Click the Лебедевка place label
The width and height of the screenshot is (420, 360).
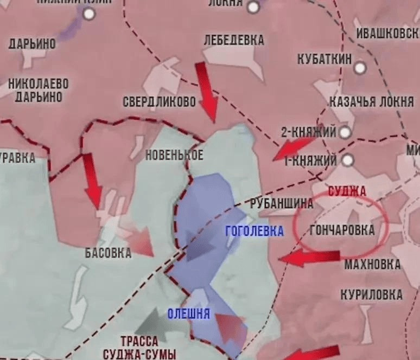pyautogui.click(x=234, y=40)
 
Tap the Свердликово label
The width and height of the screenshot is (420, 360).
pyautogui.click(x=159, y=101)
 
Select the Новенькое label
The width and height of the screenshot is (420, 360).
pyautogui.click(x=174, y=155)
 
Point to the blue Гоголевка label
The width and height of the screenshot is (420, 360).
pyautogui.click(x=254, y=232)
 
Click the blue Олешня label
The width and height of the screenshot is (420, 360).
pyautogui.click(x=189, y=314)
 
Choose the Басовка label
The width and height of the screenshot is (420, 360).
pyautogui.click(x=108, y=253)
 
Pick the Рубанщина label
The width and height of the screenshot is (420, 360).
pyautogui.click(x=282, y=204)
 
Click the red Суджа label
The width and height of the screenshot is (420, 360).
pyautogui.click(x=347, y=191)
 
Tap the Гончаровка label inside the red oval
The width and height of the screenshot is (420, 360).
pyautogui.click(x=342, y=230)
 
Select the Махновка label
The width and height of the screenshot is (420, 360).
pyautogui.click(x=372, y=265)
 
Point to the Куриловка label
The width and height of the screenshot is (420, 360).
pyautogui.click(x=372, y=295)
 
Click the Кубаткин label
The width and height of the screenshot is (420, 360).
pyautogui.click(x=324, y=59)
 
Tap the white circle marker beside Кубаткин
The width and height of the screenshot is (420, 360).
pyautogui.click(x=360, y=68)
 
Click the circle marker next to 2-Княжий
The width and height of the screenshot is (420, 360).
pyautogui.click(x=345, y=132)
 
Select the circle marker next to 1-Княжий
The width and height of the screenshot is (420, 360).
pyautogui.click(x=348, y=160)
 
